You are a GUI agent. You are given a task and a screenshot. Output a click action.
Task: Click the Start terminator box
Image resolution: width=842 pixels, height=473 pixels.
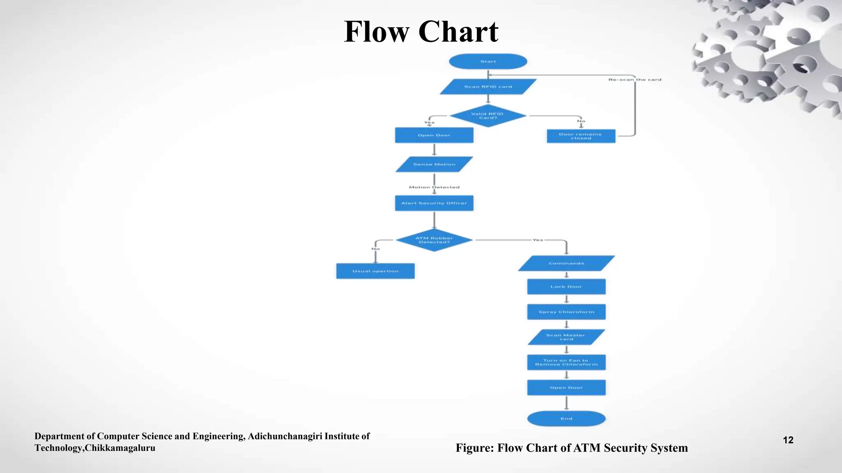coord(488,62)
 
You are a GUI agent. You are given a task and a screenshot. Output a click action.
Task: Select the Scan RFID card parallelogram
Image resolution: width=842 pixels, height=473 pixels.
coord(488,87)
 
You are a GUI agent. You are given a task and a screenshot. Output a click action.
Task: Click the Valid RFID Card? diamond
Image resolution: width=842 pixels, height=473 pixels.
coord(488,116)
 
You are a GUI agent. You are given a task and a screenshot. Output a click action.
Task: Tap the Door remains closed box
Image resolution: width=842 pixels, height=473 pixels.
coord(581,136)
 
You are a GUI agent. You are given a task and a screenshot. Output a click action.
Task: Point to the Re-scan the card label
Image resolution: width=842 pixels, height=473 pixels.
coord(635,80)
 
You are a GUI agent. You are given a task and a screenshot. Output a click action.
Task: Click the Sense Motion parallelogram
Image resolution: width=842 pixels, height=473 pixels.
coord(434,164)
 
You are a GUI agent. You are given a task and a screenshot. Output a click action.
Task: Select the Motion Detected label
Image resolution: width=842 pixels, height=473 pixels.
coord(434,187)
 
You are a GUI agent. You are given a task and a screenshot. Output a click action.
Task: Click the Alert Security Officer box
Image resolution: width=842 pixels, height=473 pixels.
coord(434,203)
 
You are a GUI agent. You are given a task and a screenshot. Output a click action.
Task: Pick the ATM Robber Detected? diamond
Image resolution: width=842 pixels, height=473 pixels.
coord(434,240)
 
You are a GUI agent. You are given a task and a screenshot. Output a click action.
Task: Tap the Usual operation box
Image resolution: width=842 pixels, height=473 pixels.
coord(375,271)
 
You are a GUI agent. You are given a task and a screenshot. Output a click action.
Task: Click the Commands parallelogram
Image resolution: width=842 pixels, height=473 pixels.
coord(566,263)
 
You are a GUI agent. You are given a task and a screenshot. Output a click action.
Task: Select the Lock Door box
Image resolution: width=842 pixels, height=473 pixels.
coord(566,287)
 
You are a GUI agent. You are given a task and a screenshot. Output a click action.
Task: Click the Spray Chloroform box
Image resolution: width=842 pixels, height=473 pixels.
coord(566,312)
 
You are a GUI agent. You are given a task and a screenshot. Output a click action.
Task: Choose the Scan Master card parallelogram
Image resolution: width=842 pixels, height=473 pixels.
coord(566,337)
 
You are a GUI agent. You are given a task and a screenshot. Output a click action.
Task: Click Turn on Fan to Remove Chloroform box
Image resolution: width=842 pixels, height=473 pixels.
coord(566,362)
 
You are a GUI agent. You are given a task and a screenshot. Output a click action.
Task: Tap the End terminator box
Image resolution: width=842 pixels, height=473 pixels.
coord(566,418)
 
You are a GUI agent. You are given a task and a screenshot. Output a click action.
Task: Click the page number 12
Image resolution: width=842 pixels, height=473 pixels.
coord(788,440)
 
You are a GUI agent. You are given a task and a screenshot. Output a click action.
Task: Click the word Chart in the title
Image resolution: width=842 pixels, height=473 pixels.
coord(458,32)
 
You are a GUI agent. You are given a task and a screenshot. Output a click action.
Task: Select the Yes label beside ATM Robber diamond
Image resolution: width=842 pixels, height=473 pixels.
coord(537,240)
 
